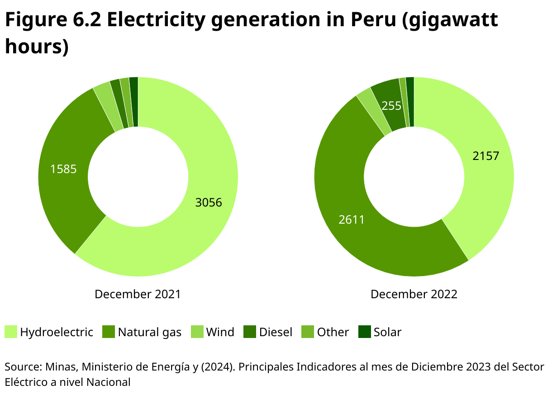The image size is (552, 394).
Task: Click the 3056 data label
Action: pyautogui.click(x=209, y=202)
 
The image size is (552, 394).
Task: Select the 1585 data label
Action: pyautogui.click(x=63, y=169)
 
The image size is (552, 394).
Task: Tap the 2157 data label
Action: pyautogui.click(x=485, y=156)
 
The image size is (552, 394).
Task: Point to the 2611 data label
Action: pyautogui.click(x=352, y=220)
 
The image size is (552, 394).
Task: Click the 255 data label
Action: pyautogui.click(x=391, y=106)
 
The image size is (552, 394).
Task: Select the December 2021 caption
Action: pyautogui.click(x=138, y=295)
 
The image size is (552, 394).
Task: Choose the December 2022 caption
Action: pyautogui.click(x=414, y=295)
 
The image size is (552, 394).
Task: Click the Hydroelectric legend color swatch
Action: pyautogui.click(x=11, y=332)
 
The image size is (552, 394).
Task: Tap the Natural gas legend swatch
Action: pyautogui.click(x=109, y=332)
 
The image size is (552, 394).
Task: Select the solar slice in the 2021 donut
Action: pyautogui.click(x=134, y=102)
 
